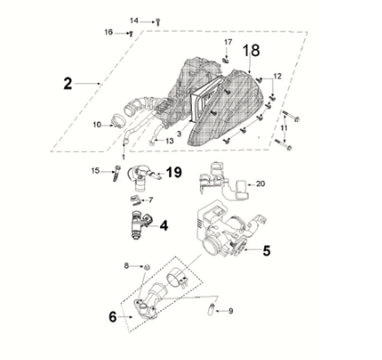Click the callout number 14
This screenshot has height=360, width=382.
click(134, 20)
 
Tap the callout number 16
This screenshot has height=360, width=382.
click(109, 33)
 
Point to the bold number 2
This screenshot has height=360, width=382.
click(67, 83)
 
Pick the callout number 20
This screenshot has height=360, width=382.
click(261, 184)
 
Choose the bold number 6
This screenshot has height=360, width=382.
click(113, 317)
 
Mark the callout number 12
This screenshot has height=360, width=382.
click(278, 76)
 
